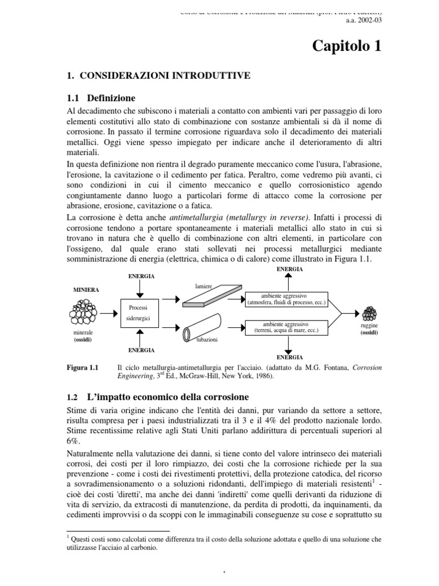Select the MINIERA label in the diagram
click(85, 290)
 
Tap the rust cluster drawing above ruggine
click(370, 314)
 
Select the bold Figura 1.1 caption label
click(83, 367)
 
